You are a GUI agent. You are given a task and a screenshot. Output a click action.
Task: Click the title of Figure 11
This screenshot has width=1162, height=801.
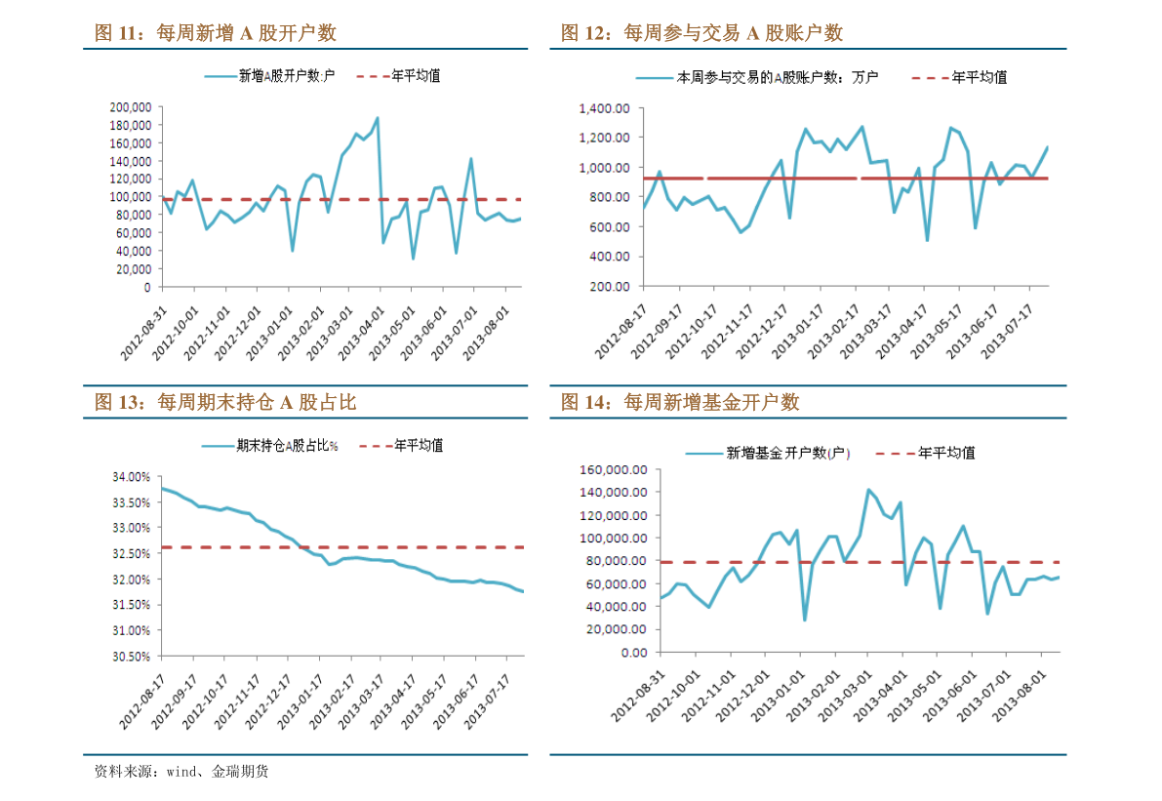(215, 33)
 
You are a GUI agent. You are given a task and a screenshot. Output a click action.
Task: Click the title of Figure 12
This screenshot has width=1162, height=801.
(701, 33)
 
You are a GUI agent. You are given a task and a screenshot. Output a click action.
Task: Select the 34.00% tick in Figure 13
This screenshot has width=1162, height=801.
(131, 477)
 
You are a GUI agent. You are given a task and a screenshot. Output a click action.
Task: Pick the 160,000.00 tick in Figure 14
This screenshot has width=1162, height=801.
(614, 469)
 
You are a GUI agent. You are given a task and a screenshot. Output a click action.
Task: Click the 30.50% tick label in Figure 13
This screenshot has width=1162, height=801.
(131, 657)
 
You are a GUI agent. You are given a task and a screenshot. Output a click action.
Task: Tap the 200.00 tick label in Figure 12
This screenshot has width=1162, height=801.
(612, 287)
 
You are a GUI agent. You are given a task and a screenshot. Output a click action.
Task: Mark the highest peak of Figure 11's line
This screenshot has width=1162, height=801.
(378, 118)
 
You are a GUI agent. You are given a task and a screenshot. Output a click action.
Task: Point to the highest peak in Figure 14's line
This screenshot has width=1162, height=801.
(868, 490)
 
